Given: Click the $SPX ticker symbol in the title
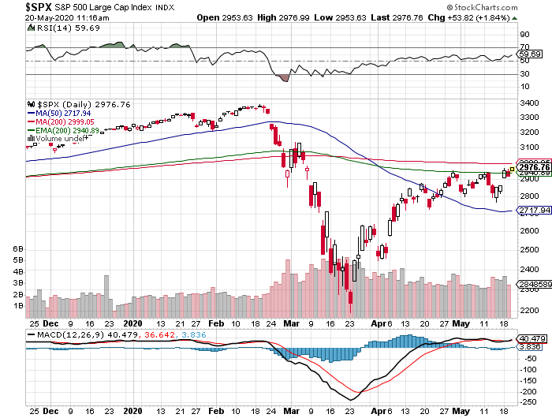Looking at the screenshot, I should (17, 6).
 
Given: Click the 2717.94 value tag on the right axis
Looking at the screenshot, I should (534, 211).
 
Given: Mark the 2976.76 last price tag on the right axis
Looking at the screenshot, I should (534, 167).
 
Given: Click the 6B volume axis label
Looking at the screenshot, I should (19, 248).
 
